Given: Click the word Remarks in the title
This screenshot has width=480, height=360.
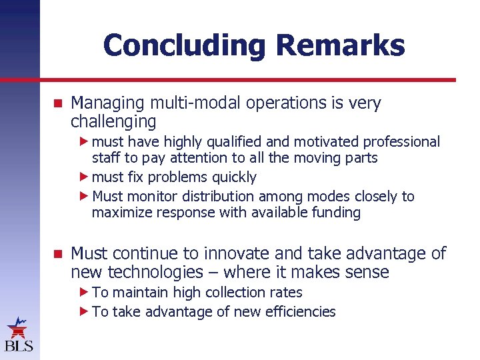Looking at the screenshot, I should tap(340, 46).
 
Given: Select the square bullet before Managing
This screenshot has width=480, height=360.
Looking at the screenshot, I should tap(57, 104).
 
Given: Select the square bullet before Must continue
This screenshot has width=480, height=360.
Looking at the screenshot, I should tap(57, 254).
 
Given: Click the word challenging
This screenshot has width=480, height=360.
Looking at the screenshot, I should tap(113, 122).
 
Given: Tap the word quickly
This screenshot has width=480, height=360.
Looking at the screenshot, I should tap(234, 177).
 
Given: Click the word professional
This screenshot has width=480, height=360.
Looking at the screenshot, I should tap(401, 142).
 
